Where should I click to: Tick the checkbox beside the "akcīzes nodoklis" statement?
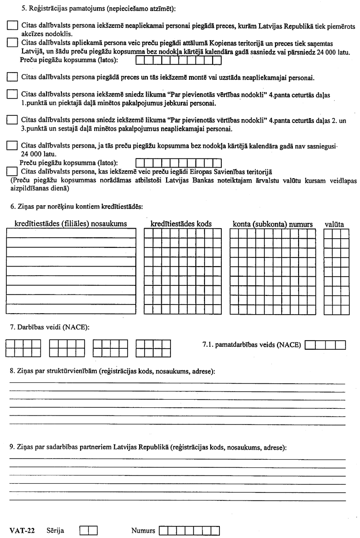[13, 27]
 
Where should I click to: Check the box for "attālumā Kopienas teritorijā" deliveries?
[13, 43]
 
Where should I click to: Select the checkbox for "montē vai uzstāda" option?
[13, 77]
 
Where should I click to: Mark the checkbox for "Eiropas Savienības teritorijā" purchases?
[13, 171]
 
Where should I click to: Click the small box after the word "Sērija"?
[88, 531]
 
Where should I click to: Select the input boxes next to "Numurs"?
[189, 531]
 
